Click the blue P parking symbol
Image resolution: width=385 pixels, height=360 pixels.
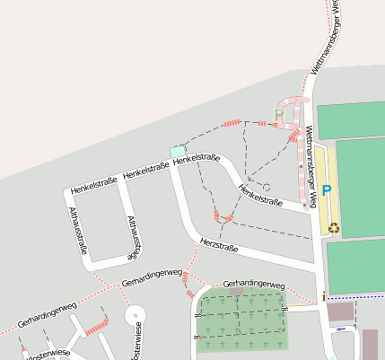327,190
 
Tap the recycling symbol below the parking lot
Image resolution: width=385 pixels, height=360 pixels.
334,227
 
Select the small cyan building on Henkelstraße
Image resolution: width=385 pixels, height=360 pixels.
178,152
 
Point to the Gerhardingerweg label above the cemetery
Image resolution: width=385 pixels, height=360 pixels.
253,284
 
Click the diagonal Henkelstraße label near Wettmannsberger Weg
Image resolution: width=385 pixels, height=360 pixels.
260,195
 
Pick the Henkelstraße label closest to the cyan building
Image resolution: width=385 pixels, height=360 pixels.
197,160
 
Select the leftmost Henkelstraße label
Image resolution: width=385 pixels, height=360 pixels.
94,184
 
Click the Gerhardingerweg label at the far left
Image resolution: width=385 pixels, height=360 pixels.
47,314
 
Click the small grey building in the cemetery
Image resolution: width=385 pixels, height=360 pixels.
236,292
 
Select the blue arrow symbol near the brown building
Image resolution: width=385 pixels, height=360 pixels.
339,329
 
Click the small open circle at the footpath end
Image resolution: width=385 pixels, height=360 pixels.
267,187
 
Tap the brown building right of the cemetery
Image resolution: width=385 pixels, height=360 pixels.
339,312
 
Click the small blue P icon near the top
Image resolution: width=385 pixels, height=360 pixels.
278,113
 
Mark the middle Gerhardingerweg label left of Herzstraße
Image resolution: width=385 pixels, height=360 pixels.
153,278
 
